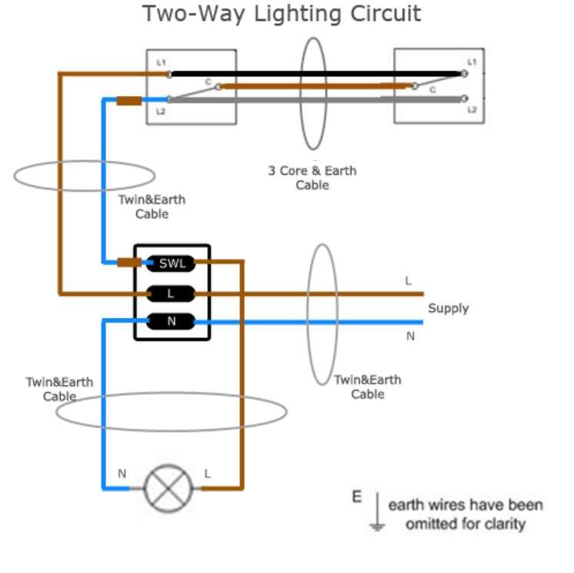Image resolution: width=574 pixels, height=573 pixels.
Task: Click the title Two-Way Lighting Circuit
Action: click(282, 14)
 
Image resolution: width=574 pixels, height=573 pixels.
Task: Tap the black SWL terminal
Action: click(172, 263)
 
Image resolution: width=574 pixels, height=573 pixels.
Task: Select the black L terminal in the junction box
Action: click(171, 293)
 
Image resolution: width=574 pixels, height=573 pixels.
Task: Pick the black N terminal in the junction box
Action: click(171, 322)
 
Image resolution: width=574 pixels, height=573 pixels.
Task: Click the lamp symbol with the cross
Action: click(168, 488)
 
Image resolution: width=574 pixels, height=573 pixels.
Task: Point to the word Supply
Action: click(448, 308)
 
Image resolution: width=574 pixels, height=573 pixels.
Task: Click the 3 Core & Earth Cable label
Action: click(312, 178)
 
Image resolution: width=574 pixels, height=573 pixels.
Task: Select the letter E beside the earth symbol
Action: click(357, 498)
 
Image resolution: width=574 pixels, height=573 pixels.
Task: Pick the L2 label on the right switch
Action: click(472, 110)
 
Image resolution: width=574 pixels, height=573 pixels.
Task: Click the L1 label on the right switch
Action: click(472, 61)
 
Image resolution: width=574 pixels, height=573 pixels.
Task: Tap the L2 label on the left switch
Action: click(161, 112)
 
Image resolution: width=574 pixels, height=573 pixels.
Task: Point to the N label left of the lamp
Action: click(122, 474)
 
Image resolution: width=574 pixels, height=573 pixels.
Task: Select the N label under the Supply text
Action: click(410, 336)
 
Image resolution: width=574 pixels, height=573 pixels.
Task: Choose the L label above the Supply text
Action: click(409, 281)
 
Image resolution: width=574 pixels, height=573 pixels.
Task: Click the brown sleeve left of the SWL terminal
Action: click(129, 263)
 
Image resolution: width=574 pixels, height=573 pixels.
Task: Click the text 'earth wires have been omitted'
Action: click(466, 514)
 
